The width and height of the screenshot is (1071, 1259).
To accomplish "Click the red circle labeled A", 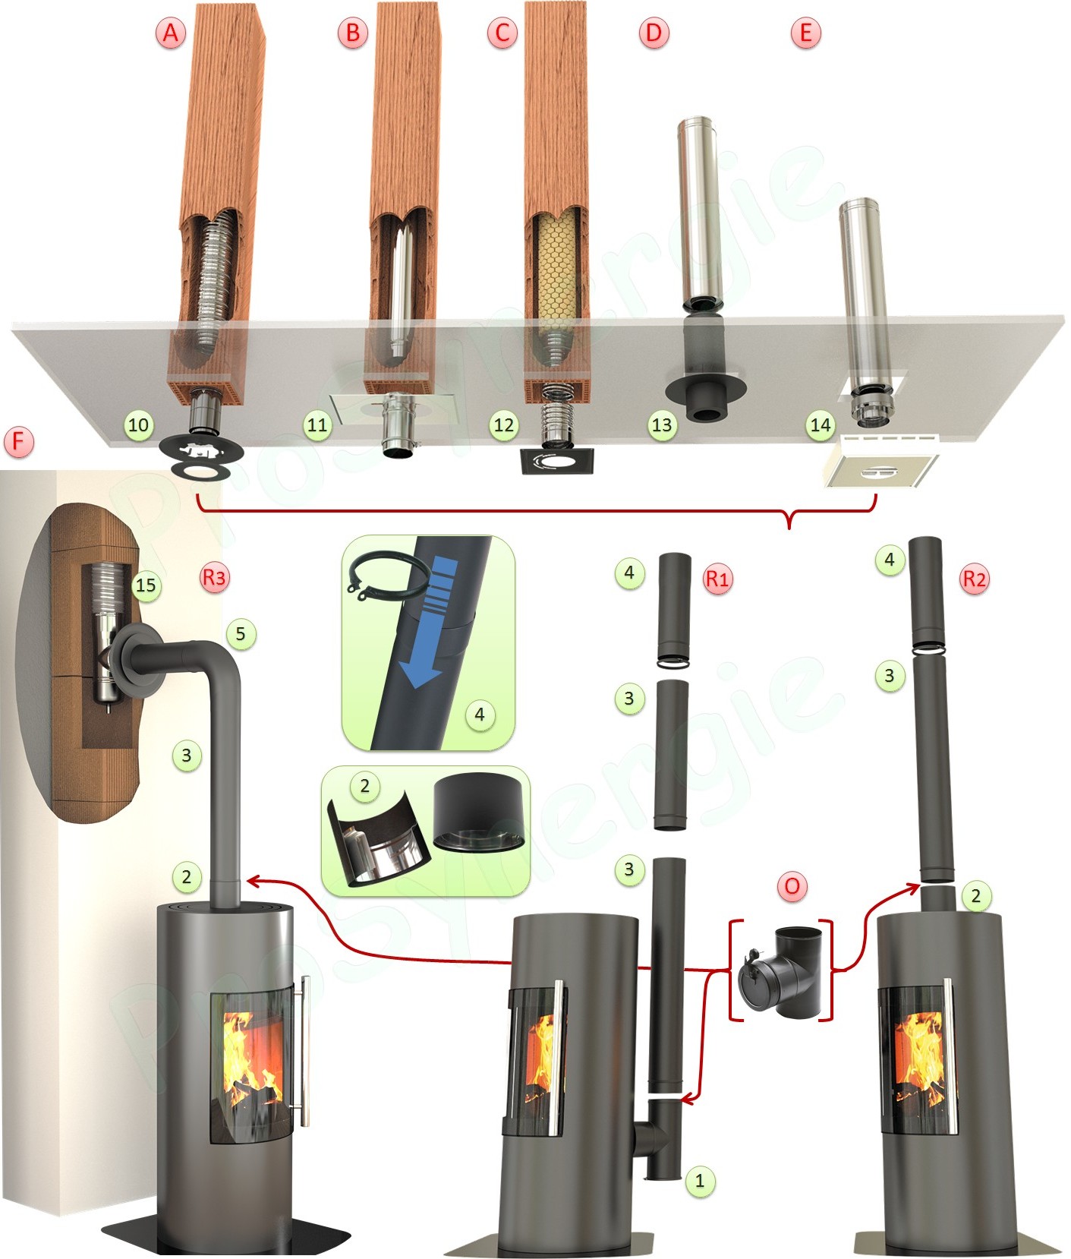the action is pyautogui.click(x=171, y=33).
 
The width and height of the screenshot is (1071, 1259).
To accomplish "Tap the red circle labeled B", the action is pyautogui.click(x=353, y=33).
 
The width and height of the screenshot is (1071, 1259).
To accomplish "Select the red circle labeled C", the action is pyautogui.click(x=502, y=33).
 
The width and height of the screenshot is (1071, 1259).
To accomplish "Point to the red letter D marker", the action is pyautogui.click(x=654, y=33).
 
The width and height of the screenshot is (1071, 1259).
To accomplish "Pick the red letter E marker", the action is pyautogui.click(x=805, y=33).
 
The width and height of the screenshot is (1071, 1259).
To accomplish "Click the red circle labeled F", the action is pyautogui.click(x=19, y=440).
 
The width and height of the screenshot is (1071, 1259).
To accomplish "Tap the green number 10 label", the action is pyautogui.click(x=138, y=424).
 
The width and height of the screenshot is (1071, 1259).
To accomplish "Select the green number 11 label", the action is pyautogui.click(x=317, y=424).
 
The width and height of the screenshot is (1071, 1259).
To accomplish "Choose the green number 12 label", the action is pyautogui.click(x=504, y=424).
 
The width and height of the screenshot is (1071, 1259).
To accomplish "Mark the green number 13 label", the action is pyautogui.click(x=662, y=424).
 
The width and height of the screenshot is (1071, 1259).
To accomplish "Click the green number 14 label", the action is pyautogui.click(x=821, y=424).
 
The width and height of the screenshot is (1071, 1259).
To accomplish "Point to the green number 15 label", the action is pyautogui.click(x=146, y=585).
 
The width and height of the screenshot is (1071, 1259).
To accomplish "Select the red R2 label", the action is pyautogui.click(x=975, y=579).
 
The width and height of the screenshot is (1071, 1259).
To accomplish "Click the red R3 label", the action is pyautogui.click(x=214, y=577).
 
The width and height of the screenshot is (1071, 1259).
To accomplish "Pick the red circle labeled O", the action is pyautogui.click(x=792, y=886).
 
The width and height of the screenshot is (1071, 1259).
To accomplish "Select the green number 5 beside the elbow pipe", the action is pyautogui.click(x=241, y=633).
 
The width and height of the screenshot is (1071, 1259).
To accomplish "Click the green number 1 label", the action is pyautogui.click(x=700, y=1180).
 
